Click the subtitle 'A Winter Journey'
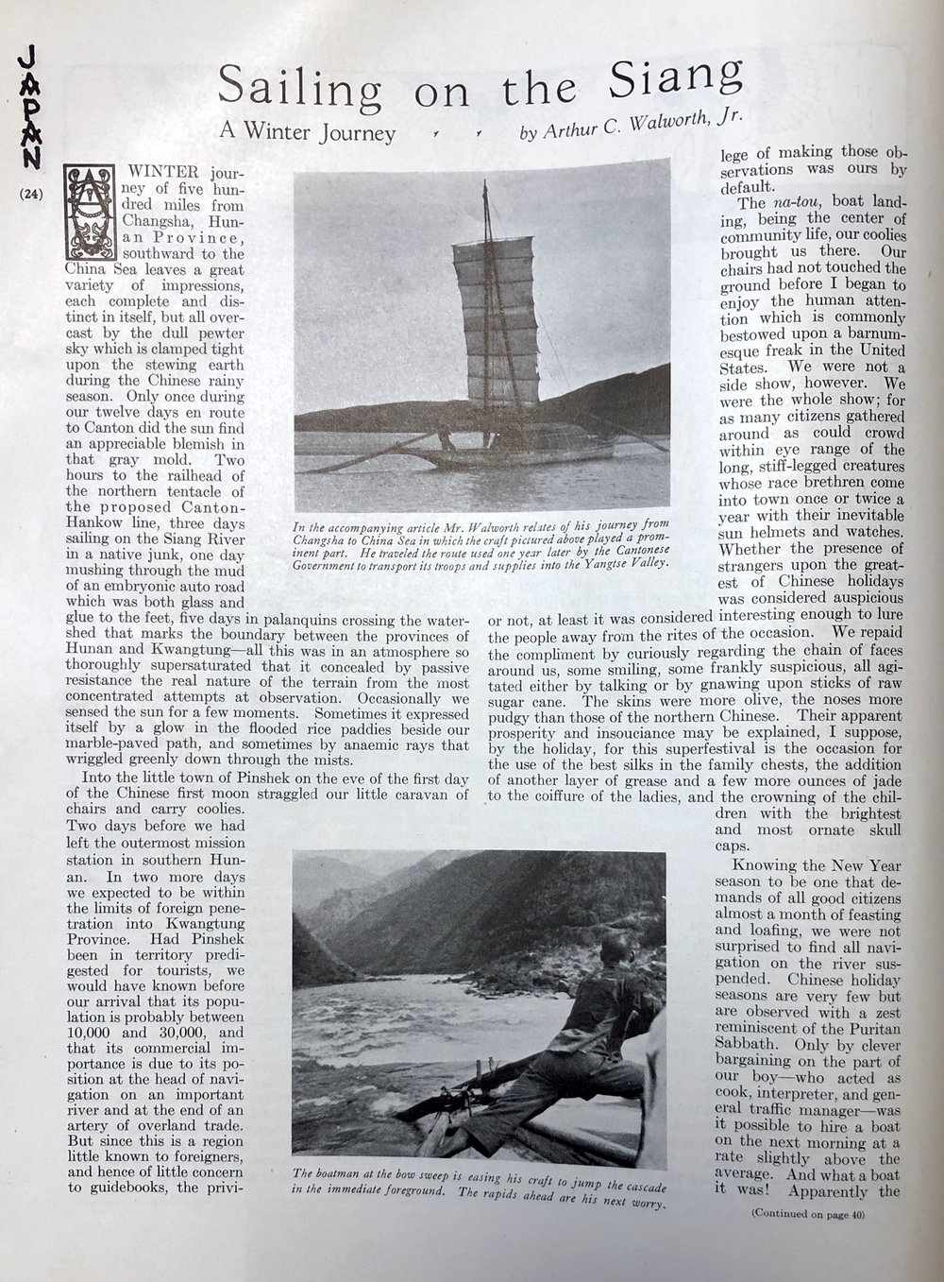(x=308, y=131)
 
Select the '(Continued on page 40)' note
(x=807, y=1214)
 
